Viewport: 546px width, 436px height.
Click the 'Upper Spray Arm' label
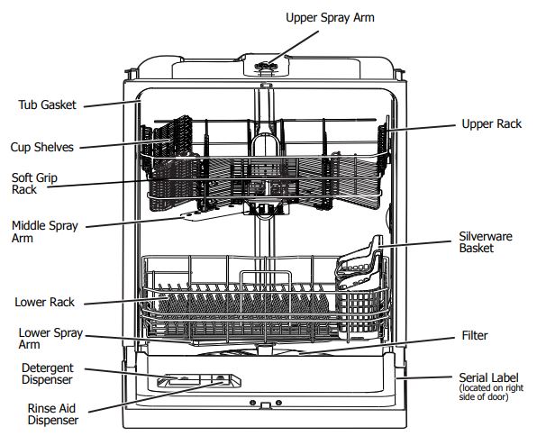point(330,17)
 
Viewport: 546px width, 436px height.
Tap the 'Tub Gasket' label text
point(47,104)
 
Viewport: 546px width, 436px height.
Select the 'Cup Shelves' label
point(41,147)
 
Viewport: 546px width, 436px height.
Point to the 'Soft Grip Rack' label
point(34,184)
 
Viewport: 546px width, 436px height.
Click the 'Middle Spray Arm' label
point(44,232)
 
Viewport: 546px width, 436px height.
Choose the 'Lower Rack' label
point(44,302)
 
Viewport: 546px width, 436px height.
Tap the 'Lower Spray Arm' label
point(50,339)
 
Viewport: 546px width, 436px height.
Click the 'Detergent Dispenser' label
point(48,374)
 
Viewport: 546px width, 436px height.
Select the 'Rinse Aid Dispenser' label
point(53,414)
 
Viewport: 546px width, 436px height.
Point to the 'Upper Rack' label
point(491,123)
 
